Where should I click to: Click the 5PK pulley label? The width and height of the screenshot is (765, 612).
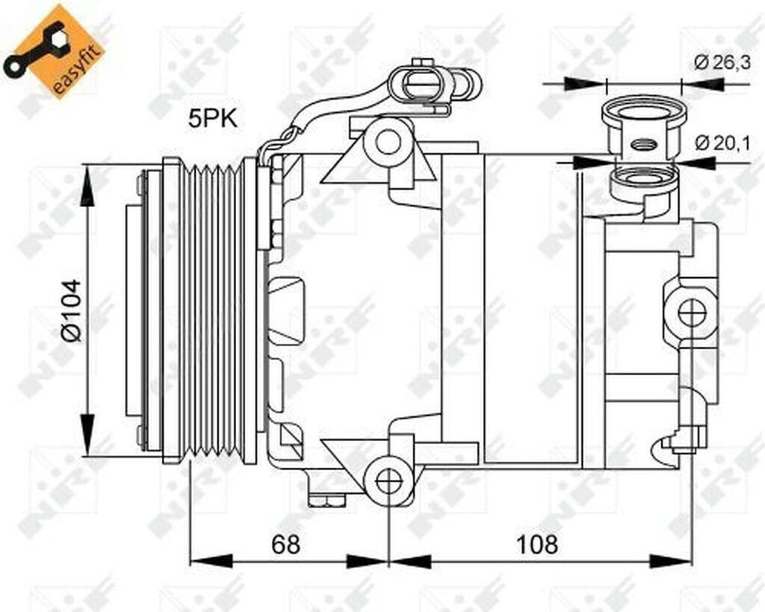(x=213, y=118)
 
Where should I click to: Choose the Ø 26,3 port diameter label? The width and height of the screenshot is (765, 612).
(x=722, y=64)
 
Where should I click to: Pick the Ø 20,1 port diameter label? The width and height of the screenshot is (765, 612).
(x=722, y=143)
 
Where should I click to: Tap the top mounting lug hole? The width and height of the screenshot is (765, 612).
(x=388, y=141)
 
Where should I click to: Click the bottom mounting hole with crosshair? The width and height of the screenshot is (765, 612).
(x=388, y=480)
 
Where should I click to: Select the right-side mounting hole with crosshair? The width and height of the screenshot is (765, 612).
(x=692, y=311)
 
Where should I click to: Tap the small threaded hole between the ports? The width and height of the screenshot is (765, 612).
(x=642, y=144)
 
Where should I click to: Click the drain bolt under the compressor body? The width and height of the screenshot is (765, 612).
(x=326, y=498)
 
